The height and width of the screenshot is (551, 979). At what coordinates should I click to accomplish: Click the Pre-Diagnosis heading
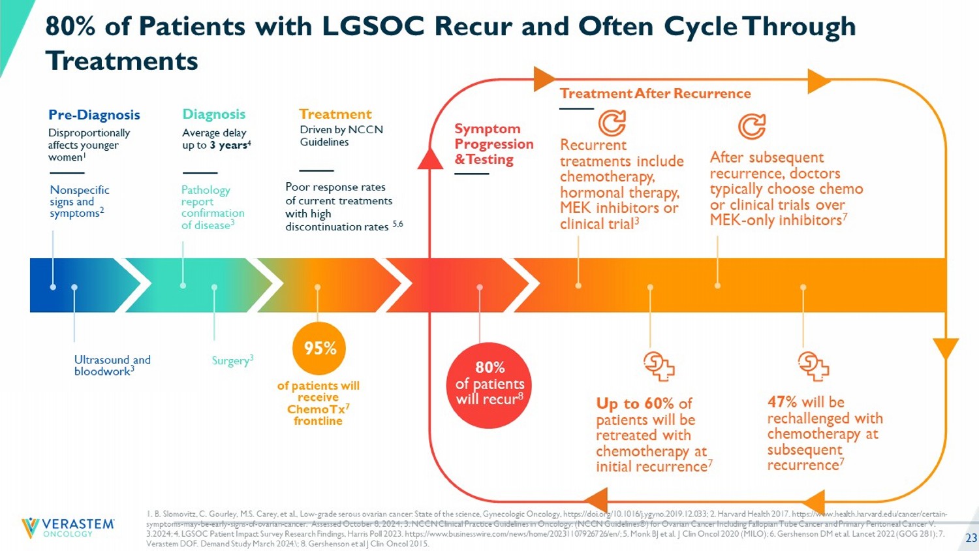click(x=94, y=115)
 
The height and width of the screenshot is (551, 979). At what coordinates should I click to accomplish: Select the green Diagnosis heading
click(x=213, y=114)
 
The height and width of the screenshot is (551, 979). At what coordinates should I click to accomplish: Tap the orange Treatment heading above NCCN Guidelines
click(x=335, y=114)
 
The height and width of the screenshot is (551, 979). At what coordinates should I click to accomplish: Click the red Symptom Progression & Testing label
click(x=493, y=144)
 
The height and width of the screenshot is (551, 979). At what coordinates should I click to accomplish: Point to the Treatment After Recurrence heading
click(x=655, y=93)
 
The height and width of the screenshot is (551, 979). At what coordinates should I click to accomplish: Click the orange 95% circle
click(x=319, y=349)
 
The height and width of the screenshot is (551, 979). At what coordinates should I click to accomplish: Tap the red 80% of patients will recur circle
click(x=489, y=385)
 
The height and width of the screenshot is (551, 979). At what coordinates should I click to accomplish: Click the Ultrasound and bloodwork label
click(x=112, y=365)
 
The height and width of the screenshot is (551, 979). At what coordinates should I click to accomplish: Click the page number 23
click(x=971, y=538)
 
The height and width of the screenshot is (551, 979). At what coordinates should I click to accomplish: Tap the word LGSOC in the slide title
click(x=373, y=26)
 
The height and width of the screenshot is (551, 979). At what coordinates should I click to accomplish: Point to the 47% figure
click(x=782, y=401)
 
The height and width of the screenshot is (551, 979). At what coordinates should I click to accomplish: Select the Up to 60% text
click(x=635, y=403)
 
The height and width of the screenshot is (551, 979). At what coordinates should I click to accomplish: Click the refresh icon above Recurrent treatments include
click(x=612, y=122)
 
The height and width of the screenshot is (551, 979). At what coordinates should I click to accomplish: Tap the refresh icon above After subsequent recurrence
click(x=751, y=126)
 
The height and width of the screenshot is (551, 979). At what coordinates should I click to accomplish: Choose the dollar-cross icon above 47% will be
click(x=813, y=366)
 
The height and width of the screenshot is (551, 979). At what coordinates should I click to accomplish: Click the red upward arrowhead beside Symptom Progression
click(x=430, y=158)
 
